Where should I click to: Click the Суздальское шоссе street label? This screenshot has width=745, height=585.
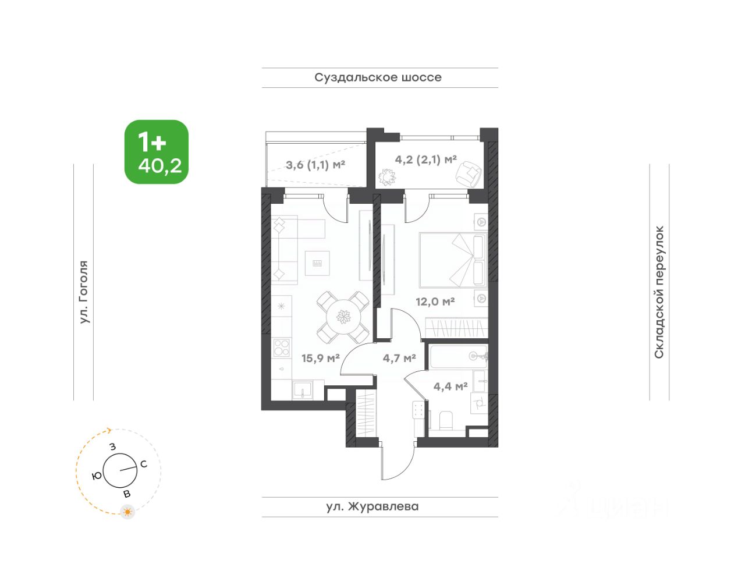(x=378, y=77)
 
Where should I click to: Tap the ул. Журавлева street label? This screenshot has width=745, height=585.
(x=372, y=506)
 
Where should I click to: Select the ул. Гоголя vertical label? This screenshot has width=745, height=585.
(x=84, y=292)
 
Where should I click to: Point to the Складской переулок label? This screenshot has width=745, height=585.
(x=659, y=292)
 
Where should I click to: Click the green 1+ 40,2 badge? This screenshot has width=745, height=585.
(x=157, y=152)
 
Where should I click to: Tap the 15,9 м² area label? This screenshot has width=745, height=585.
(x=321, y=358)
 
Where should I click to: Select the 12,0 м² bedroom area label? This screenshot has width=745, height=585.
(x=435, y=302)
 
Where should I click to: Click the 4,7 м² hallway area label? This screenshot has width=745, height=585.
(x=399, y=358)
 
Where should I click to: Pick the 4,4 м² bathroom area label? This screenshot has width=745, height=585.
(x=450, y=387)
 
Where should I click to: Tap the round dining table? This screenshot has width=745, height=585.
(x=343, y=317)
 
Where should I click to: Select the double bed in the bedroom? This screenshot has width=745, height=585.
(x=453, y=260)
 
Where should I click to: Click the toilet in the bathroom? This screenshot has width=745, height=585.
(x=446, y=420)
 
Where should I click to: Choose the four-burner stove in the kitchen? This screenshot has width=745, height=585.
(x=282, y=348)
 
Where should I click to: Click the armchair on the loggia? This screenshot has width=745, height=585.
(x=469, y=174)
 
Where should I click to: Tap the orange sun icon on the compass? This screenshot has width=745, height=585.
(x=127, y=512)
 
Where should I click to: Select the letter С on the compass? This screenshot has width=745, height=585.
(x=144, y=464)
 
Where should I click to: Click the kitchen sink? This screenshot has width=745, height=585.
(x=302, y=390)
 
